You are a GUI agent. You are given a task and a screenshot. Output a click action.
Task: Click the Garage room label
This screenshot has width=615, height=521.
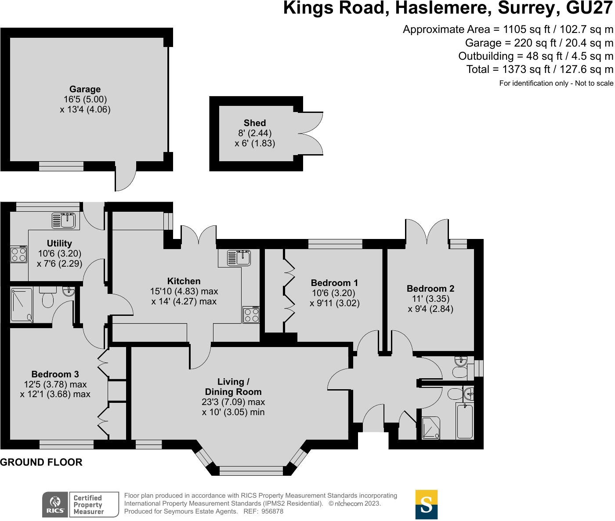(85, 89)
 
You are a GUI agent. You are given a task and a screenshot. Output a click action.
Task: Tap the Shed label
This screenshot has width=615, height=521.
(255, 123)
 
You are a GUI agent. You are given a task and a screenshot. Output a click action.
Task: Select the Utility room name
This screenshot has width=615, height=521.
(59, 243)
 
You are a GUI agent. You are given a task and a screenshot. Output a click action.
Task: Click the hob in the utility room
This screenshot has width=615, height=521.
(18, 254)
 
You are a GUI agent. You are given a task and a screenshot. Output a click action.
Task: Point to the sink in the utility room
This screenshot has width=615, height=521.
(64, 221)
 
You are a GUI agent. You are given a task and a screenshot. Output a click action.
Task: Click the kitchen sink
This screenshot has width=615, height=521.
(239, 258)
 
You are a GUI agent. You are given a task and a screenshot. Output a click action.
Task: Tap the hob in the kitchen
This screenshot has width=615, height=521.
(251, 315)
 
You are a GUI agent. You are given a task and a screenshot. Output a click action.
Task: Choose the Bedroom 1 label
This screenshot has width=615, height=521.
(334, 282)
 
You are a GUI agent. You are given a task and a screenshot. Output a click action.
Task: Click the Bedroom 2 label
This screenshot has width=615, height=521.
(430, 288)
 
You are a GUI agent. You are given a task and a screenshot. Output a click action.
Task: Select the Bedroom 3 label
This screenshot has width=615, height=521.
(55, 374)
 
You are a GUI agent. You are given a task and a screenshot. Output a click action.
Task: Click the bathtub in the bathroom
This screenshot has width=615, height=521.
(465, 421)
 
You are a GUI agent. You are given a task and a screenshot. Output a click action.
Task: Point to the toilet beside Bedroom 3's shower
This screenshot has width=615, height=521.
(47, 297)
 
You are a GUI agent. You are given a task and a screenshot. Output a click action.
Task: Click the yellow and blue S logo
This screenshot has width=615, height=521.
(427, 505)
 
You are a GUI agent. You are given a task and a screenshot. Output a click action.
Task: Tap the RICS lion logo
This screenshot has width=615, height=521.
(55, 505)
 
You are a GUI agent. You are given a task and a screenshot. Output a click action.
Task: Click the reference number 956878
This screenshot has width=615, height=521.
(272, 511)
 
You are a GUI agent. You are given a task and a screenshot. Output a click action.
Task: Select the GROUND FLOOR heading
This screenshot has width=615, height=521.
(41, 463)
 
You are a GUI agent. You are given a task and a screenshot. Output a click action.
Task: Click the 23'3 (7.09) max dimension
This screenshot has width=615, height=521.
(233, 402)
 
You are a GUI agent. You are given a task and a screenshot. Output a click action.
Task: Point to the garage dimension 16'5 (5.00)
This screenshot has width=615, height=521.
(85, 99)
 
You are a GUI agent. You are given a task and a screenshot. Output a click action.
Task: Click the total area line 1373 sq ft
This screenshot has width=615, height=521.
(540, 69)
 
